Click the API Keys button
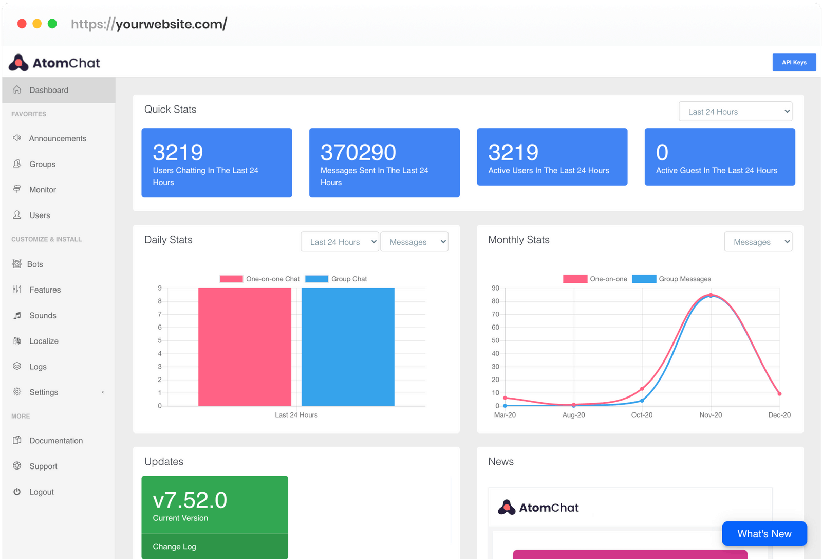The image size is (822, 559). (794, 62)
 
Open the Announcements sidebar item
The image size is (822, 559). (57, 138)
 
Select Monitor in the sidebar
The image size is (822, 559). (42, 190)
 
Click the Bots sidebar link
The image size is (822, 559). (34, 264)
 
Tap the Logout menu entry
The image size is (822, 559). (41, 492)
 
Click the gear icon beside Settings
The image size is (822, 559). (17, 392)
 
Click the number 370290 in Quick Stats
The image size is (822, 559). (358, 152)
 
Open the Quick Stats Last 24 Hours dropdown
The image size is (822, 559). (735, 112)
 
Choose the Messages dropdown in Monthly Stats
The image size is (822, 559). (758, 242)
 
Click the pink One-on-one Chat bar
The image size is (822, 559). (245, 347)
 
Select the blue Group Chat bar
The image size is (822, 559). (348, 347)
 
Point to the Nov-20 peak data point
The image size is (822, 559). (711, 295)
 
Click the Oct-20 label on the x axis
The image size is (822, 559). (642, 415)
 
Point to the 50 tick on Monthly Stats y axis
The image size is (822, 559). (495, 340)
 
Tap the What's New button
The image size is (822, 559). (764, 534)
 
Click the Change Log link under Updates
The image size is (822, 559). (175, 547)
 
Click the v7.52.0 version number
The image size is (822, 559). (190, 500)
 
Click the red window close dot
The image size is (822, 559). (22, 24)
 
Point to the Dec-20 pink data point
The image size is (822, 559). (779, 394)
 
